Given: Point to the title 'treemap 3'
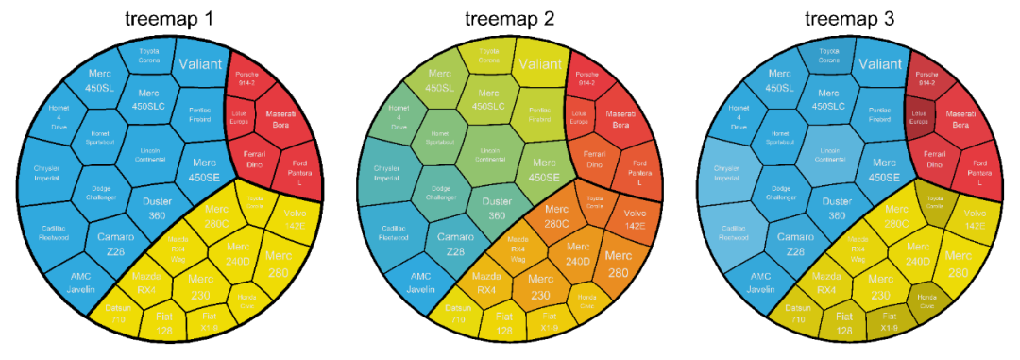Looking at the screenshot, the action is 849,17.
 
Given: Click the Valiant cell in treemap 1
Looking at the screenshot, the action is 200,64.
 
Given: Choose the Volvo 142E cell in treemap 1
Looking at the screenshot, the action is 295,221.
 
